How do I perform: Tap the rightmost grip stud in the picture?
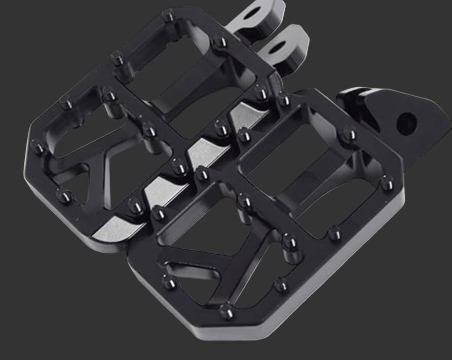(387, 182)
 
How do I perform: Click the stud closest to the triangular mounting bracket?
(349, 134)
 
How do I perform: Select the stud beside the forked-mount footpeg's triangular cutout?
(63, 194)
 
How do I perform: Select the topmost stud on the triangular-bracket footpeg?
(284, 99)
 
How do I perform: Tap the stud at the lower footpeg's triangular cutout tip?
(168, 282)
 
